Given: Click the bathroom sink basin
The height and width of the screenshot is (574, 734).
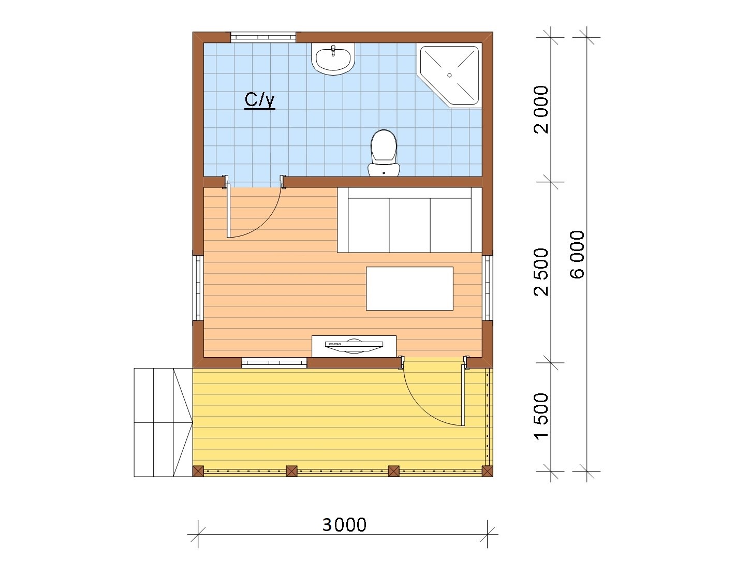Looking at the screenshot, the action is click(333, 59).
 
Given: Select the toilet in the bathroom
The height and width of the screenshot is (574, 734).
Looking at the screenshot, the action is click(384, 153).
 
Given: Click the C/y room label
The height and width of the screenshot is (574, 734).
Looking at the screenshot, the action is click(259, 100).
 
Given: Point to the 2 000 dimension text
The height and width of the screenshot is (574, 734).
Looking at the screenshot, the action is click(541, 109).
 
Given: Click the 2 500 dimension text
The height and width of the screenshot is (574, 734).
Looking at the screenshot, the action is click(541, 272).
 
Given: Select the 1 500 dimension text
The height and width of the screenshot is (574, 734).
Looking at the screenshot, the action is click(541, 417).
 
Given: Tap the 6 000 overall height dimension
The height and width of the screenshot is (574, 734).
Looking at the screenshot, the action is click(577, 254).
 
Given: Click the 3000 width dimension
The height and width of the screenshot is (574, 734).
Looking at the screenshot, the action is click(344, 525).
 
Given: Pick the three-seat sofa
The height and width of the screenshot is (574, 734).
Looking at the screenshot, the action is click(409, 220).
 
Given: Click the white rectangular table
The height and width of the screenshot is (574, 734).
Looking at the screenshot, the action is click(409, 288).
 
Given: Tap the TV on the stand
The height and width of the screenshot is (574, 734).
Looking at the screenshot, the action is click(354, 346).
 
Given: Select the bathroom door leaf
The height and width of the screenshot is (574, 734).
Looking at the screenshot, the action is click(229, 211).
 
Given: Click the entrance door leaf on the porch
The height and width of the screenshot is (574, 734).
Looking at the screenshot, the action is click(463, 397).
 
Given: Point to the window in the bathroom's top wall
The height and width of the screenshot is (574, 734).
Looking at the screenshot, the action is click(263, 37).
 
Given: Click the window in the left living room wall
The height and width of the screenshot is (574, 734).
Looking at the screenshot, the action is click(198, 288).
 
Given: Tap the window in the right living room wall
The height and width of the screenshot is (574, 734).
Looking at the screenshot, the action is click(488, 288).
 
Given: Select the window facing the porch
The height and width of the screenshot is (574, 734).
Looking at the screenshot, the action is click(274, 363).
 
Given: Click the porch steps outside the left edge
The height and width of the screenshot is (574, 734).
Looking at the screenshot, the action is click(163, 422).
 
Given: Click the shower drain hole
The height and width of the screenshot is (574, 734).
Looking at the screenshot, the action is click(449, 75).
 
